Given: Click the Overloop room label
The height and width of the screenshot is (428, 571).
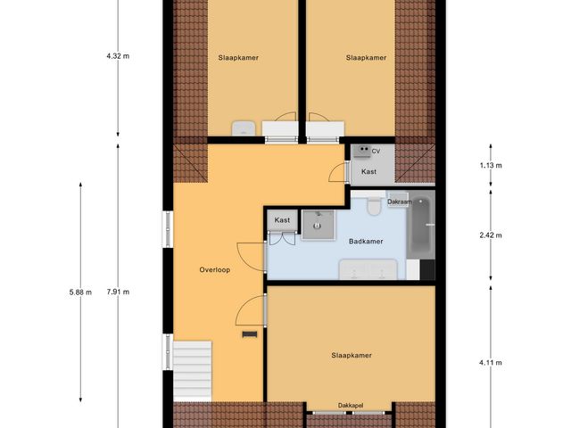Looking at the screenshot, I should [x=214, y=270].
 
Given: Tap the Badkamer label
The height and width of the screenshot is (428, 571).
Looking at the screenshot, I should [x=366, y=241].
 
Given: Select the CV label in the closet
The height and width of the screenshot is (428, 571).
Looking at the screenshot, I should [x=376, y=152].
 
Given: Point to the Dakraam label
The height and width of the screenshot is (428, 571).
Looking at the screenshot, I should [x=398, y=202].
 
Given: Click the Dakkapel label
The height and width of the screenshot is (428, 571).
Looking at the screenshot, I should [x=351, y=406].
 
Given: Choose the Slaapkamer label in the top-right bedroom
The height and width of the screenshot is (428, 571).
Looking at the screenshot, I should [x=366, y=58].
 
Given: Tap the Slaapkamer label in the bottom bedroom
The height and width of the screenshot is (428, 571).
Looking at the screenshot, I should [x=351, y=355].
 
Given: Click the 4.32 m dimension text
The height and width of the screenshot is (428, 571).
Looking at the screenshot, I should [x=118, y=55].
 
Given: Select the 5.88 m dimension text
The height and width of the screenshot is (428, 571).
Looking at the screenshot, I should [x=79, y=292].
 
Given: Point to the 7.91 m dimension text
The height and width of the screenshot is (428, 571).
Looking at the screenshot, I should [x=118, y=292].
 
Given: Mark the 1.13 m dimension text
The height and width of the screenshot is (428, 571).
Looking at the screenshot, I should [x=491, y=166].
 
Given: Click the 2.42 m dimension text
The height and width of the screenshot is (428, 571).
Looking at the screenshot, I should [x=491, y=235].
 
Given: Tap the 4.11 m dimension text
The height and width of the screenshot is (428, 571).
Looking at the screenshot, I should [x=491, y=363].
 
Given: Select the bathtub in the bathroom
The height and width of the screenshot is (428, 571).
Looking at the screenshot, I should [x=420, y=227].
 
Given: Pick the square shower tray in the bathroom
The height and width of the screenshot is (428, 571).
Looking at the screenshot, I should [x=315, y=225].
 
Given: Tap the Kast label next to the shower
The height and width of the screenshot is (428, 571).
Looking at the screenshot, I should [x=282, y=220].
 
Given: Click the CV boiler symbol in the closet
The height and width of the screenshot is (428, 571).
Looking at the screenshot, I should [x=361, y=152].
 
